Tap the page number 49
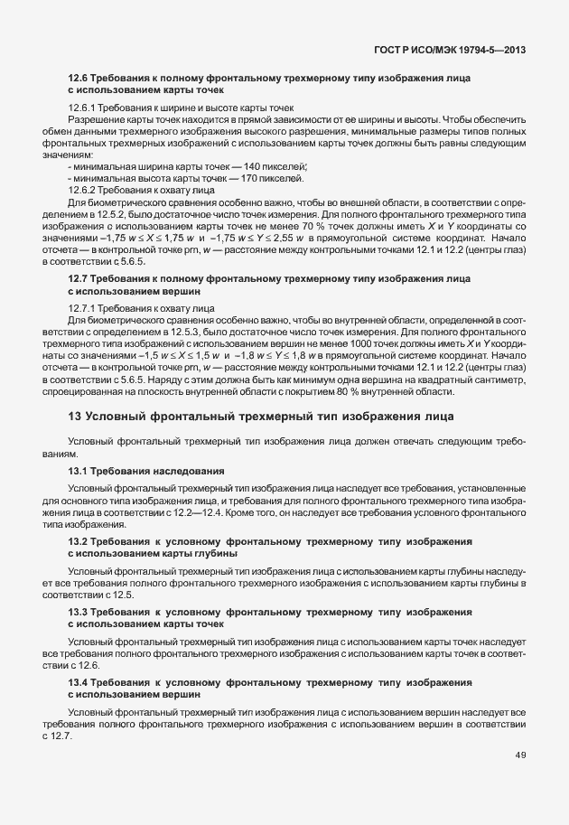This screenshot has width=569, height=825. coord(521,755)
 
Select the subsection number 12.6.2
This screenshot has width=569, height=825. coord(83,191)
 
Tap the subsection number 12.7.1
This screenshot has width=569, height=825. coord(83,309)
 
